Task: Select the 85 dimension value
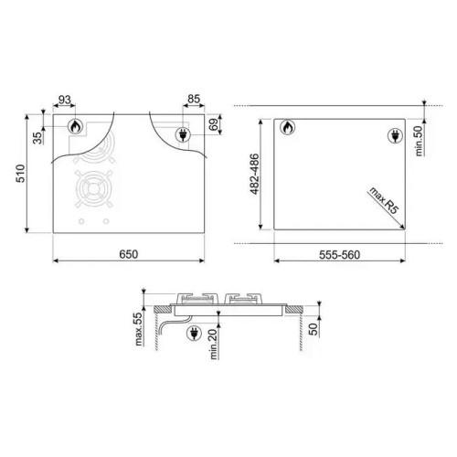193,100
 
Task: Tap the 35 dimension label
37,139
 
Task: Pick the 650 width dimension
127,254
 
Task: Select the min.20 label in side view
211,346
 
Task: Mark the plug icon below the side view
193,335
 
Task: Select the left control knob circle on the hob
80,223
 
